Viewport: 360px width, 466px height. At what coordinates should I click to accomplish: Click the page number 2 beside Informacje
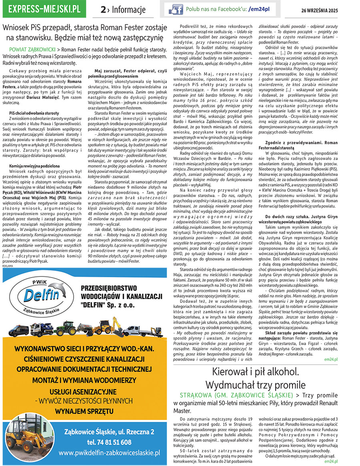click(x=103, y=10)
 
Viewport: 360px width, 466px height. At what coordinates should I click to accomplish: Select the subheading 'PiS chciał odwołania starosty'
click(x=34, y=113)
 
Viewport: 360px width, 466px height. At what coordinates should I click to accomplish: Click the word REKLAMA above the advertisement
click(x=7, y=265)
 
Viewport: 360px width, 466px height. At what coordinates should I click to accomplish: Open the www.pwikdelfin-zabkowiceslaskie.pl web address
click(x=109, y=453)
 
